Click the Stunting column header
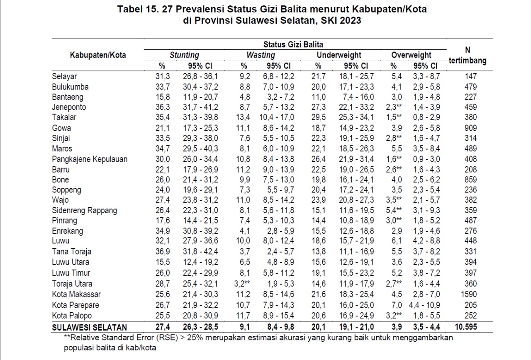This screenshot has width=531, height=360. click(184, 55)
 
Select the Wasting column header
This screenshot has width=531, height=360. click(261, 55)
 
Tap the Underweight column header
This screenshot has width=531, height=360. click(339, 55)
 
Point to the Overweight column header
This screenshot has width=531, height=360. click(411, 55)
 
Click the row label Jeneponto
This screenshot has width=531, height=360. click(69, 107)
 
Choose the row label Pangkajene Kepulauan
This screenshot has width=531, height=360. click(90, 159)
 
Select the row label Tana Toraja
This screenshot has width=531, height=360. click(72, 251)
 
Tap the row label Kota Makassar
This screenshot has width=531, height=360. click(76, 294)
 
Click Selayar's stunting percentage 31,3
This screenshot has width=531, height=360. click(163, 76)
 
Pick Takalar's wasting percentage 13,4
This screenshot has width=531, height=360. click(243, 117)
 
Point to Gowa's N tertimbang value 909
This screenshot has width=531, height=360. click(470, 128)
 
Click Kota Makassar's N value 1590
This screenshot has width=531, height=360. click(469, 294)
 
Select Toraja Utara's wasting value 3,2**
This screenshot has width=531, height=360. click(242, 284)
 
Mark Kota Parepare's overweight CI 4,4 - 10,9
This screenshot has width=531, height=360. click(424, 305)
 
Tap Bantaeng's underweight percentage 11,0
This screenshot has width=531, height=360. click(319, 97)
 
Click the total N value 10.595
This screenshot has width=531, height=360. click(466, 327)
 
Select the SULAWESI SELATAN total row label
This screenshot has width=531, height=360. click(90, 328)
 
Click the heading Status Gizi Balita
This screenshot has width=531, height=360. click(293, 44)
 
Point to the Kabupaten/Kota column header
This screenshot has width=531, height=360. click(97, 55)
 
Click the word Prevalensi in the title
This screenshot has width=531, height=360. click(200, 9)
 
